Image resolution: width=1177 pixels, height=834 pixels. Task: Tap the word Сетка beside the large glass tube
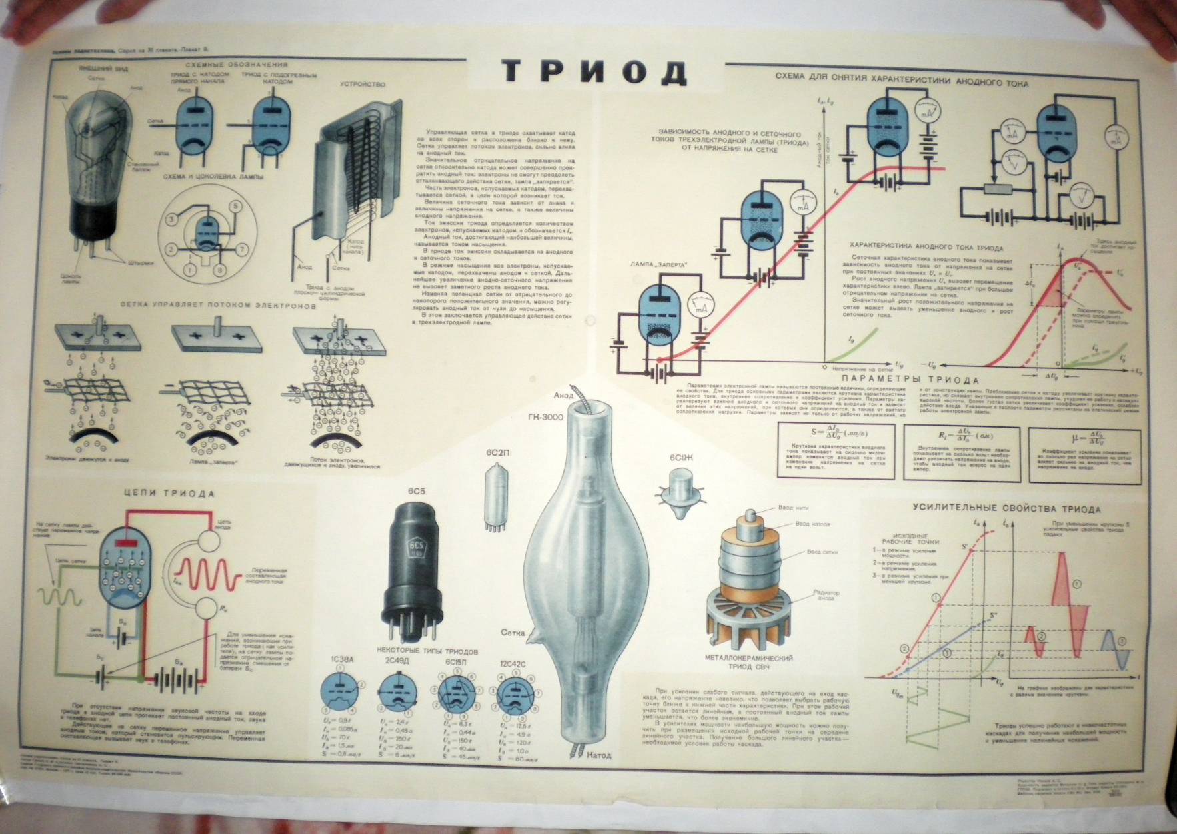(x=513, y=633)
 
